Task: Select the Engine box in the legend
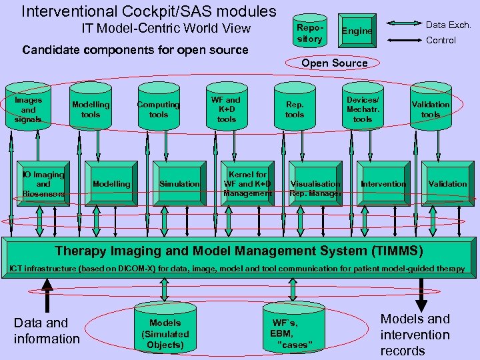(357, 31)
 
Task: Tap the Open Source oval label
(334, 63)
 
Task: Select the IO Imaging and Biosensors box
(43, 184)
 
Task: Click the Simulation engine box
(179, 184)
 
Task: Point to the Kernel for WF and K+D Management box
(247, 184)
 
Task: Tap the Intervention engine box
(383, 184)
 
